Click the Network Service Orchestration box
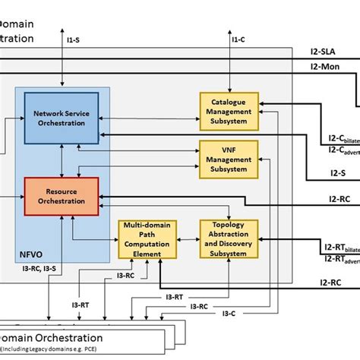[61, 118]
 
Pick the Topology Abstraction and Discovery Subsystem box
[229, 238]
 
